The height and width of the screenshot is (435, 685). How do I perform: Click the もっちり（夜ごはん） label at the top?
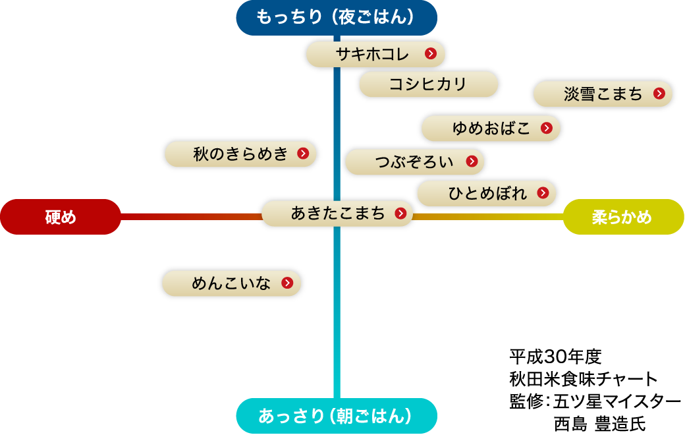click(x=337, y=17)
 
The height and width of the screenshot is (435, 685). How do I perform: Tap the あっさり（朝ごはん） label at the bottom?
click(x=337, y=416)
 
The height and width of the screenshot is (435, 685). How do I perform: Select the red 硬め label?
click(x=61, y=217)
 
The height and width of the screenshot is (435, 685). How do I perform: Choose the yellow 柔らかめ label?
click(x=623, y=217)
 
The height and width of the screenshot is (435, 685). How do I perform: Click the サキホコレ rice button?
click(x=373, y=54)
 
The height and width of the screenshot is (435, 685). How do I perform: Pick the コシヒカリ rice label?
click(x=428, y=84)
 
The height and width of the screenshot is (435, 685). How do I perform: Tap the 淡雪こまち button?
click(x=602, y=94)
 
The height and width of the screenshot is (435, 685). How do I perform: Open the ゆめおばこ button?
click(x=490, y=129)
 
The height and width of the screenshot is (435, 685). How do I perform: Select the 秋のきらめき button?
click(x=240, y=154)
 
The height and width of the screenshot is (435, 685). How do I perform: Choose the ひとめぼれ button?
click(x=486, y=193)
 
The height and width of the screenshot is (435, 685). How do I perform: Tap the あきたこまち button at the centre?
click(x=337, y=214)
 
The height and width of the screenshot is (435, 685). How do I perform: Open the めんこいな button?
click(x=231, y=283)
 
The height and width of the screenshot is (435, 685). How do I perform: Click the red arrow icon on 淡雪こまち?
click(x=659, y=94)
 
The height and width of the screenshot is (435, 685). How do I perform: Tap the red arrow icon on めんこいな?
click(x=287, y=283)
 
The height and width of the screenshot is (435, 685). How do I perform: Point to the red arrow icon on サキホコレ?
click(x=431, y=54)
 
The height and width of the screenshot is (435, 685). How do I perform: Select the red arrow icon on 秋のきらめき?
click(x=303, y=154)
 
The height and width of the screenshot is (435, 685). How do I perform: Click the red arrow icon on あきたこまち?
click(x=400, y=214)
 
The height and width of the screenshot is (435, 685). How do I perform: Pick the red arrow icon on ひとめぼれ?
click(x=543, y=193)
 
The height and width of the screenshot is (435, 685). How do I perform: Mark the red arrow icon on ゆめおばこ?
click(x=546, y=129)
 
